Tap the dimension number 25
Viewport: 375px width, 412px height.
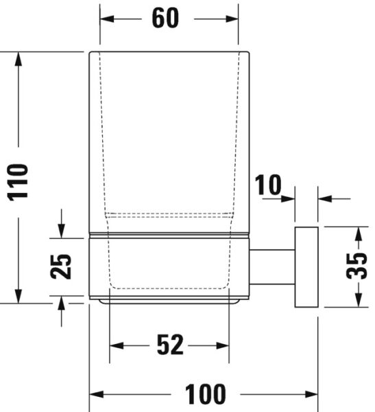(62, 266)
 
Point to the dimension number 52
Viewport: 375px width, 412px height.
(170, 345)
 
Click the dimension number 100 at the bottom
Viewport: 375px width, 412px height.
(205, 394)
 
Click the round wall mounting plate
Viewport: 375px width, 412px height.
(306, 266)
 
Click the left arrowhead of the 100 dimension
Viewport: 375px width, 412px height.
(97, 394)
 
